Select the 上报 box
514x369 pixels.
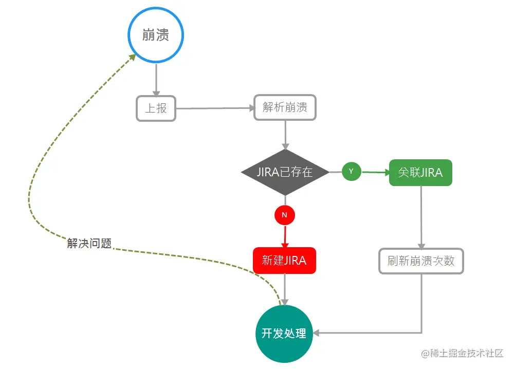(x=156, y=108)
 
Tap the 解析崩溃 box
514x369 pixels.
(x=285, y=107)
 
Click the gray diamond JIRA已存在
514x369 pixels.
(x=285, y=172)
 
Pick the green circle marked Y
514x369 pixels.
(x=352, y=171)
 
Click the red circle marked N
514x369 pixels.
(x=285, y=215)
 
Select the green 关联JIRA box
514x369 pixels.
(x=420, y=173)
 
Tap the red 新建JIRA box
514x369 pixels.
(x=284, y=261)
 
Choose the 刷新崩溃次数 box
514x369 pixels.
(x=421, y=261)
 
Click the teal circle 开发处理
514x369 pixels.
(x=284, y=333)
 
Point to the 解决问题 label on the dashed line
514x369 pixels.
(x=89, y=244)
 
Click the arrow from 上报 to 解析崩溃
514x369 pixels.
(x=215, y=108)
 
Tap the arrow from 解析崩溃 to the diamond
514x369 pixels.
(x=285, y=135)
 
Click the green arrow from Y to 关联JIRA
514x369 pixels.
(x=375, y=172)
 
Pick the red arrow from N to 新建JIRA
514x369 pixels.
(x=284, y=236)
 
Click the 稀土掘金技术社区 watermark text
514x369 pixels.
(x=462, y=354)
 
